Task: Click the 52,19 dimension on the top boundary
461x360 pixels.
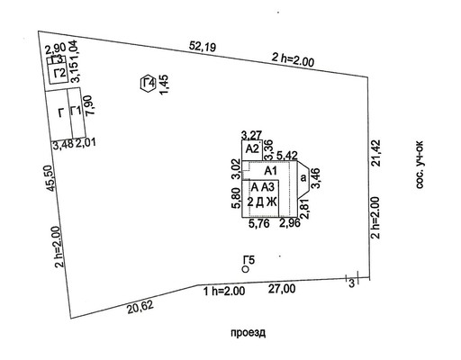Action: click(203, 47)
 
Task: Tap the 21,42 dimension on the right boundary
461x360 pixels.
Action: click(375, 153)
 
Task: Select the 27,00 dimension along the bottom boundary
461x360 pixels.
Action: click(282, 289)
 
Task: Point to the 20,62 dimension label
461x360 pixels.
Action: click(140, 307)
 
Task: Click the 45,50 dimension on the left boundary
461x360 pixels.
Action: click(51, 178)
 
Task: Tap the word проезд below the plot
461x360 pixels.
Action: click(249, 333)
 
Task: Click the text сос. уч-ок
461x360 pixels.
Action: click(420, 165)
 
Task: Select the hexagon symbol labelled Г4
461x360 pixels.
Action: click(148, 84)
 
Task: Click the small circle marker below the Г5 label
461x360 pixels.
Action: click(246, 269)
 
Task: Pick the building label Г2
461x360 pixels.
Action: click(59, 73)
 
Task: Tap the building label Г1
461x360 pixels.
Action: click(76, 111)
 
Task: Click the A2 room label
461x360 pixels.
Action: click(252, 148)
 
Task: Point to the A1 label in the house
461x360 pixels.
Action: click(270, 171)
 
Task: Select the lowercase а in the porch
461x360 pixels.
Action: click(303, 178)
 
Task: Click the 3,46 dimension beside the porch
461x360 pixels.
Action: click(316, 178)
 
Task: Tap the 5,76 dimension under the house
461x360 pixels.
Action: click(259, 223)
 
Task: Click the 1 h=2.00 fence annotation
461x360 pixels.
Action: click(224, 291)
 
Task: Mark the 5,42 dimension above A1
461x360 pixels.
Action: click(287, 156)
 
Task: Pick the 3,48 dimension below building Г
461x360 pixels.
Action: click(63, 144)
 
